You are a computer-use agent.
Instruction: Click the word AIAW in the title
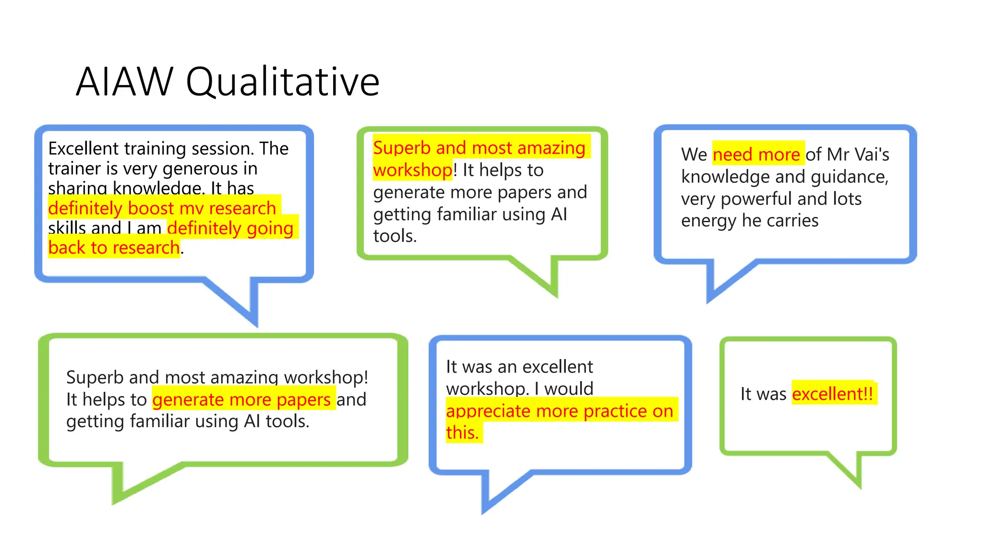tap(124, 81)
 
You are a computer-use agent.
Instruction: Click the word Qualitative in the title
tap(283, 82)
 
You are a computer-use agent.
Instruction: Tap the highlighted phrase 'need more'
tap(757, 154)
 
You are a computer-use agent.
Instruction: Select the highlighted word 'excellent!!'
tap(833, 394)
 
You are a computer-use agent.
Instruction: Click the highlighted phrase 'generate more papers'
tap(241, 399)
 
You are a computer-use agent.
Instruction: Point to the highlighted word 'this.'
tap(462, 433)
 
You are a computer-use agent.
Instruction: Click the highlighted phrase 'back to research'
tap(114, 248)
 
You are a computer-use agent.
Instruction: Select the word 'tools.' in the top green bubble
tap(395, 236)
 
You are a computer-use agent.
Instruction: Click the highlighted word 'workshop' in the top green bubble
tap(412, 170)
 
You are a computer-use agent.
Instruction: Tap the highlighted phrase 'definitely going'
tap(230, 228)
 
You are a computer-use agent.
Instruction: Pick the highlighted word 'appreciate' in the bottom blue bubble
tap(488, 411)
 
